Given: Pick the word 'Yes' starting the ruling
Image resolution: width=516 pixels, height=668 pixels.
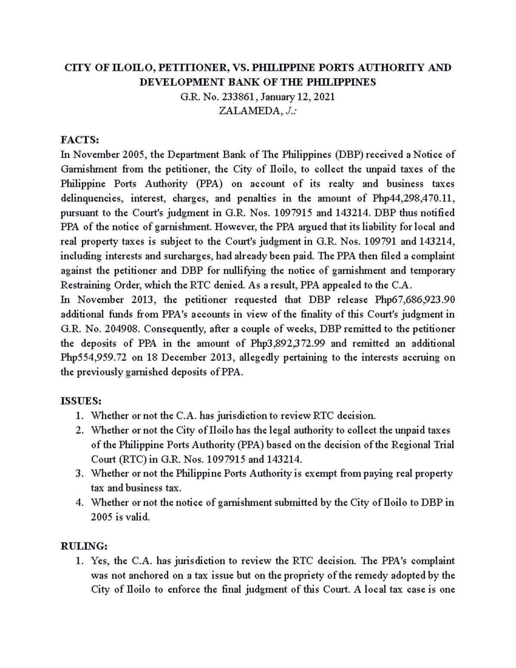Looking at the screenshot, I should point(100,561).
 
